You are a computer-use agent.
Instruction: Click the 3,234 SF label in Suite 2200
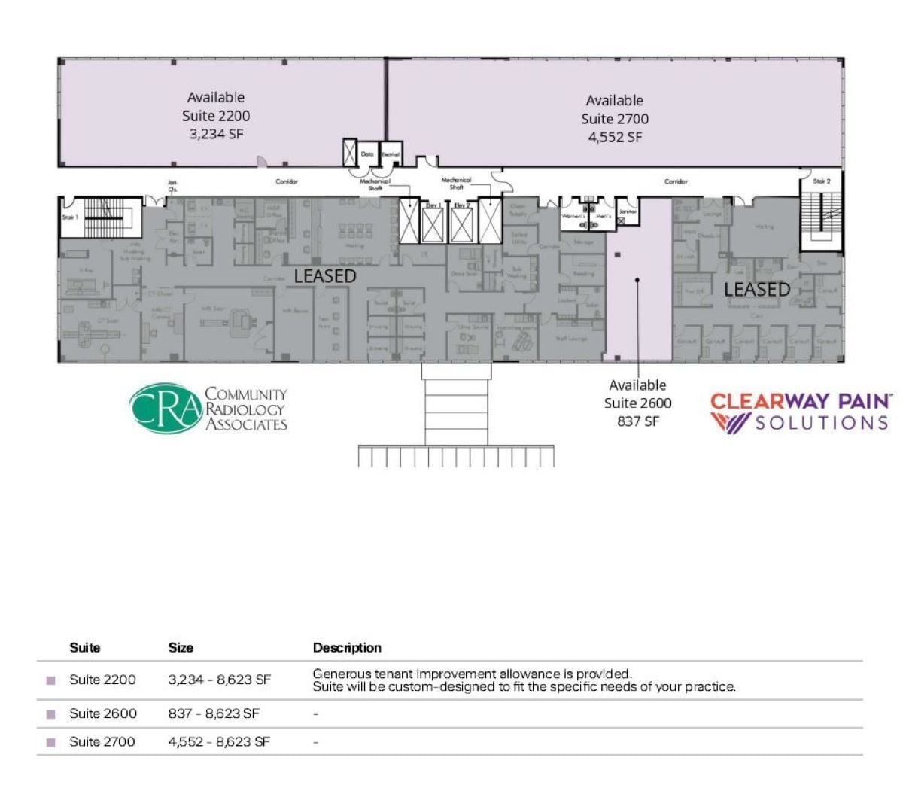pyautogui.click(x=215, y=134)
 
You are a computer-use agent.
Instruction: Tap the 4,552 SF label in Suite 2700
pyautogui.click(x=615, y=137)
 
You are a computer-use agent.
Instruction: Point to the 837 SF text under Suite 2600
pyautogui.click(x=638, y=421)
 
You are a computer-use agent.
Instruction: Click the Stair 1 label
pyautogui.click(x=70, y=218)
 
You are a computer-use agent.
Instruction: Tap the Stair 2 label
pyautogui.click(x=822, y=181)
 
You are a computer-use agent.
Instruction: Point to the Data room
pyautogui.click(x=367, y=154)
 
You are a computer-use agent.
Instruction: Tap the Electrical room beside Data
pyautogui.click(x=391, y=154)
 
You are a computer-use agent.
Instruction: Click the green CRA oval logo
pyautogui.click(x=166, y=409)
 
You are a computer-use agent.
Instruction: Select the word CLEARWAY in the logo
pyautogui.click(x=759, y=400)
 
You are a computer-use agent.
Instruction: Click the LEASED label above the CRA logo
pyautogui.click(x=324, y=276)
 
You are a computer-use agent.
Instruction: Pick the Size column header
pyautogui.click(x=181, y=647)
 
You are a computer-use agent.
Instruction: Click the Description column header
pyautogui.click(x=347, y=647)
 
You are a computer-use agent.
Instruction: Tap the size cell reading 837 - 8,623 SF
pyautogui.click(x=214, y=713)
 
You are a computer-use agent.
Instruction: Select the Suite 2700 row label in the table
pyautogui.click(x=102, y=741)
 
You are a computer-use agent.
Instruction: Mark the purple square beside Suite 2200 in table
pyautogui.click(x=51, y=680)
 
